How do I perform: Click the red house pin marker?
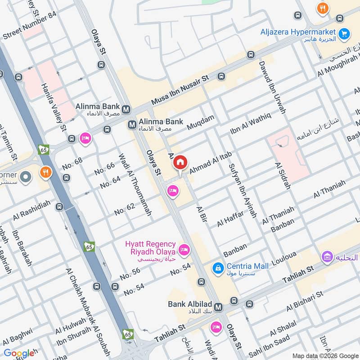point(180,162)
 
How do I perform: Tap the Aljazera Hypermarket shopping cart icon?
point(344,33)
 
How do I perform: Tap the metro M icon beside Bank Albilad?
point(219,307)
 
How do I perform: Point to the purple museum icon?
point(327,258)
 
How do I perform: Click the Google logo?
point(18,353)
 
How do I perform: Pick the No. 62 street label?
point(125,209)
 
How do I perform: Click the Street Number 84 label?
point(30,31)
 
